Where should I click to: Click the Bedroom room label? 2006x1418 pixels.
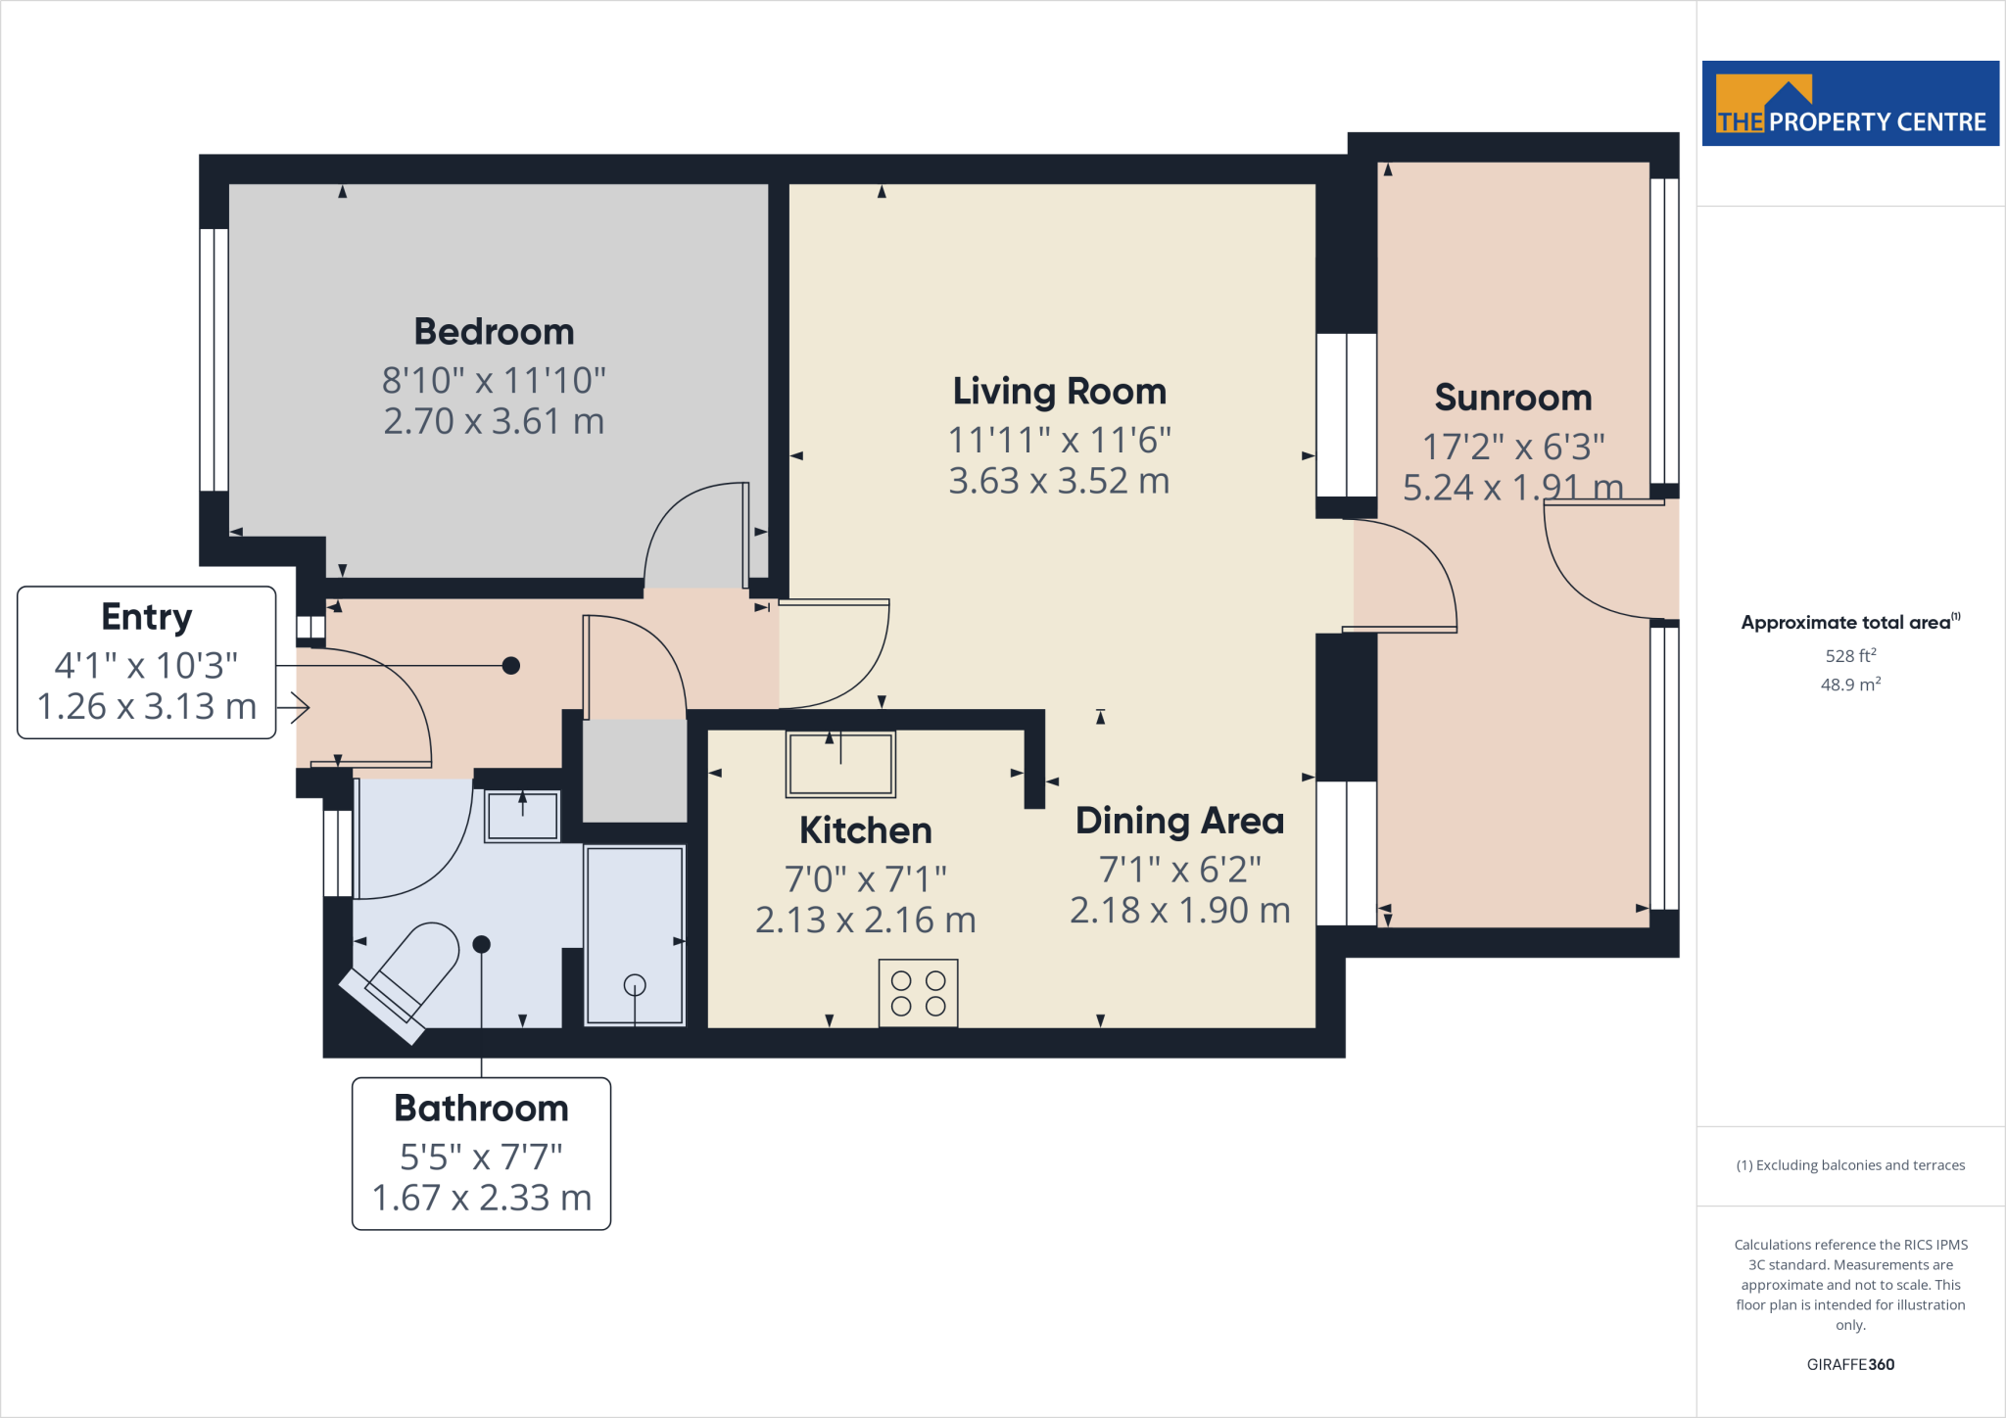(x=494, y=332)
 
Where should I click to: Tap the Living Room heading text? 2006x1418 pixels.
(x=1059, y=392)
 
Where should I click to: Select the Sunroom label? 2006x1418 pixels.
(x=1512, y=398)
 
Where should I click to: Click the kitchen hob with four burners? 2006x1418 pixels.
(x=918, y=993)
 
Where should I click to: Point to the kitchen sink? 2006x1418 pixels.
(x=840, y=764)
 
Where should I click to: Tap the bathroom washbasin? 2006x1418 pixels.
(x=522, y=815)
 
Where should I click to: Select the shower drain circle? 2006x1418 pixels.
(x=635, y=984)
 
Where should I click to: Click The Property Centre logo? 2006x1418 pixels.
(x=1849, y=104)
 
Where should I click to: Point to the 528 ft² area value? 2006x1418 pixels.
(x=1849, y=656)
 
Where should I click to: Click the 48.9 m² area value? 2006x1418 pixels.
(x=1849, y=685)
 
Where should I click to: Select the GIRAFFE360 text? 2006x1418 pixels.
(x=1849, y=1364)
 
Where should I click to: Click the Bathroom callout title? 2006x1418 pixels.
(x=481, y=1109)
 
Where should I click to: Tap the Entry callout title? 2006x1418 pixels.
(x=147, y=617)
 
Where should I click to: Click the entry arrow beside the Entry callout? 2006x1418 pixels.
(x=297, y=706)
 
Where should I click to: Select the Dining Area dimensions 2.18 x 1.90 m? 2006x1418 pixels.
(x=1179, y=911)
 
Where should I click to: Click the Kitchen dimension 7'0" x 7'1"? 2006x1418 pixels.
(x=865, y=879)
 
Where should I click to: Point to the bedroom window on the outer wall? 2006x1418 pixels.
(x=214, y=359)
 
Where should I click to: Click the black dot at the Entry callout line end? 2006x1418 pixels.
(x=510, y=666)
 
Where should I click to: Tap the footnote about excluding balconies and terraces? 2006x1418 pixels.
(x=1849, y=1165)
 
